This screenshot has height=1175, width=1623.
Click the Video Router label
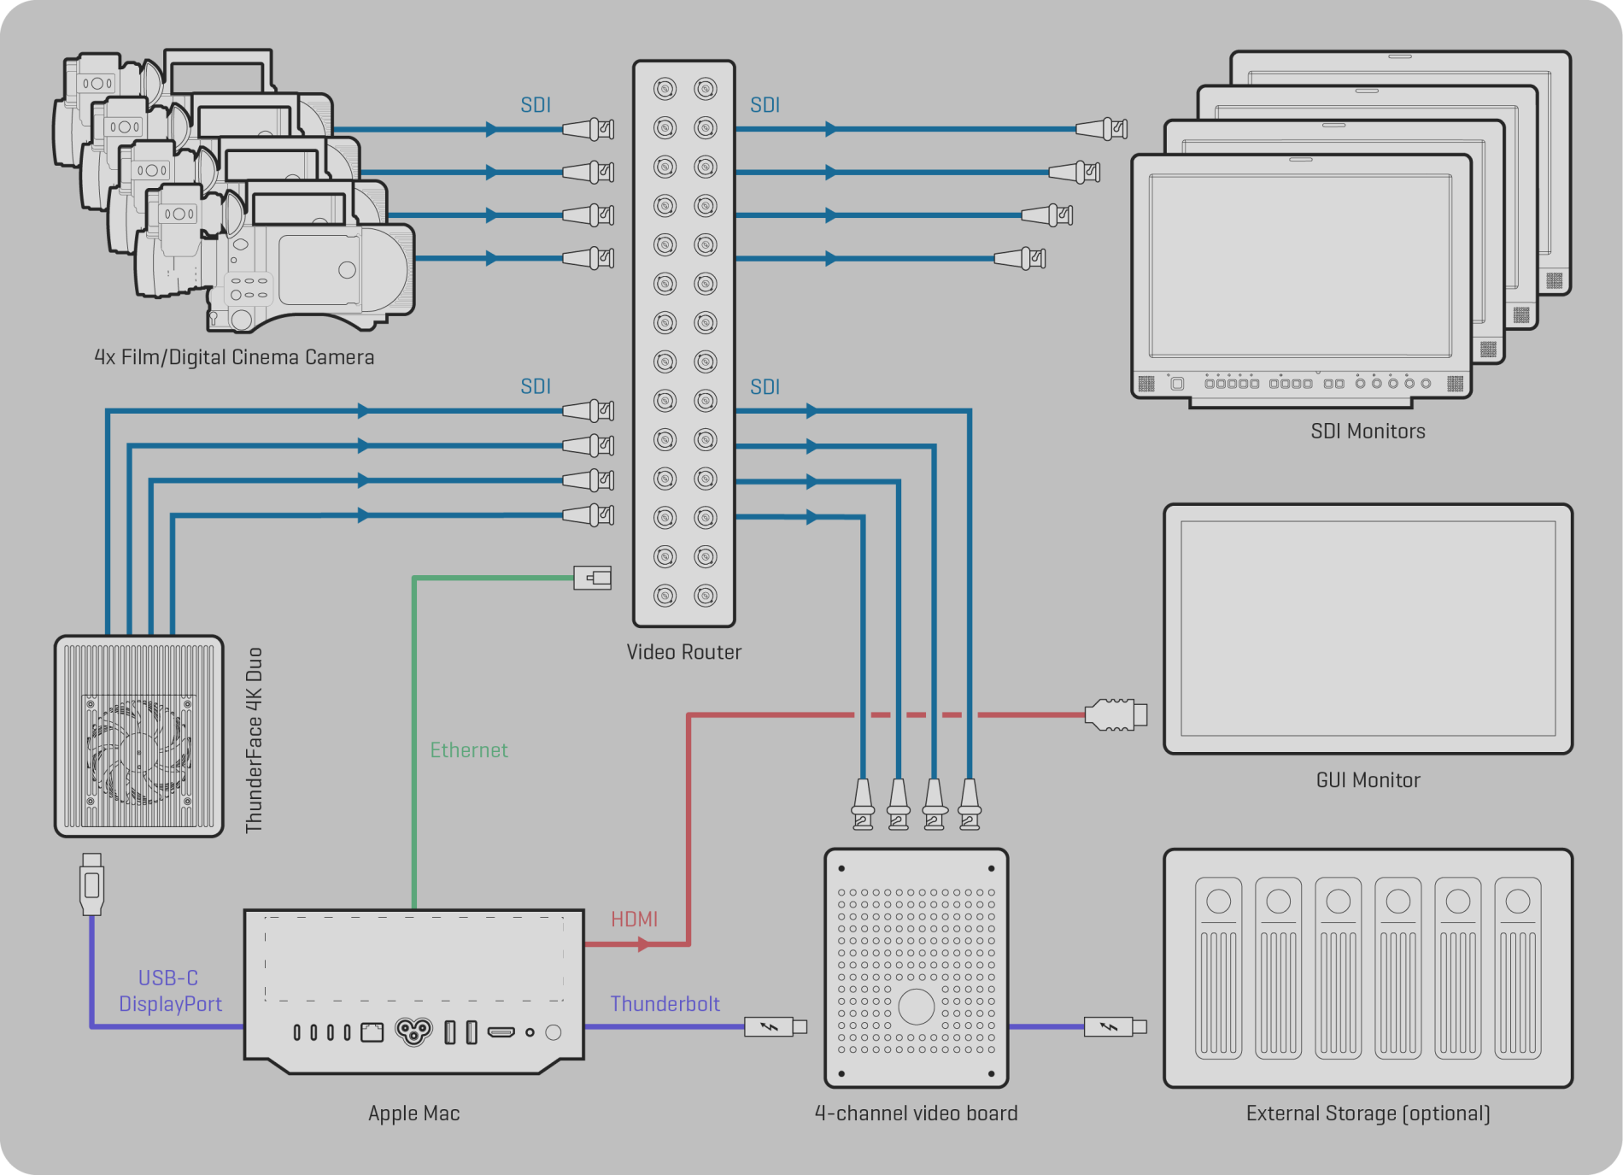683,652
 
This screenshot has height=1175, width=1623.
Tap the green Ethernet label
469,750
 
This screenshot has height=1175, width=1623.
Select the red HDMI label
634,919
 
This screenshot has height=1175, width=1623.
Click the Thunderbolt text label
665,1004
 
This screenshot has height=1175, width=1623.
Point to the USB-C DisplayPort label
169,991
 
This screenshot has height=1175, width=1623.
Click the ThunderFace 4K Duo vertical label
255,740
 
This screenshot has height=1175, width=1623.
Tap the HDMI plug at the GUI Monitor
1115,714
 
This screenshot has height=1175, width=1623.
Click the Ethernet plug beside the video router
593,579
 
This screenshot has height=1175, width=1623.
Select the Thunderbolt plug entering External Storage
1114,1026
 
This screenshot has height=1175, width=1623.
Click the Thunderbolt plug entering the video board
774,1026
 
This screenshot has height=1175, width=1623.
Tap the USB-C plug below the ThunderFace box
92,884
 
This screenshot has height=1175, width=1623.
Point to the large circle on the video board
916,1007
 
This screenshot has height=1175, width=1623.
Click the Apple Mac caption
413,1113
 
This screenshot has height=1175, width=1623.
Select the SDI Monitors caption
1368,432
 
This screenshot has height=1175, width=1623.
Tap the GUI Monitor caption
1368,780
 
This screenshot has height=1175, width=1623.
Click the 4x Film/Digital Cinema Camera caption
234,357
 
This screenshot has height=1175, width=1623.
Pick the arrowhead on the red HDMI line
644,944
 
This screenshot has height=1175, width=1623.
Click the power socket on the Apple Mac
413,1032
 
